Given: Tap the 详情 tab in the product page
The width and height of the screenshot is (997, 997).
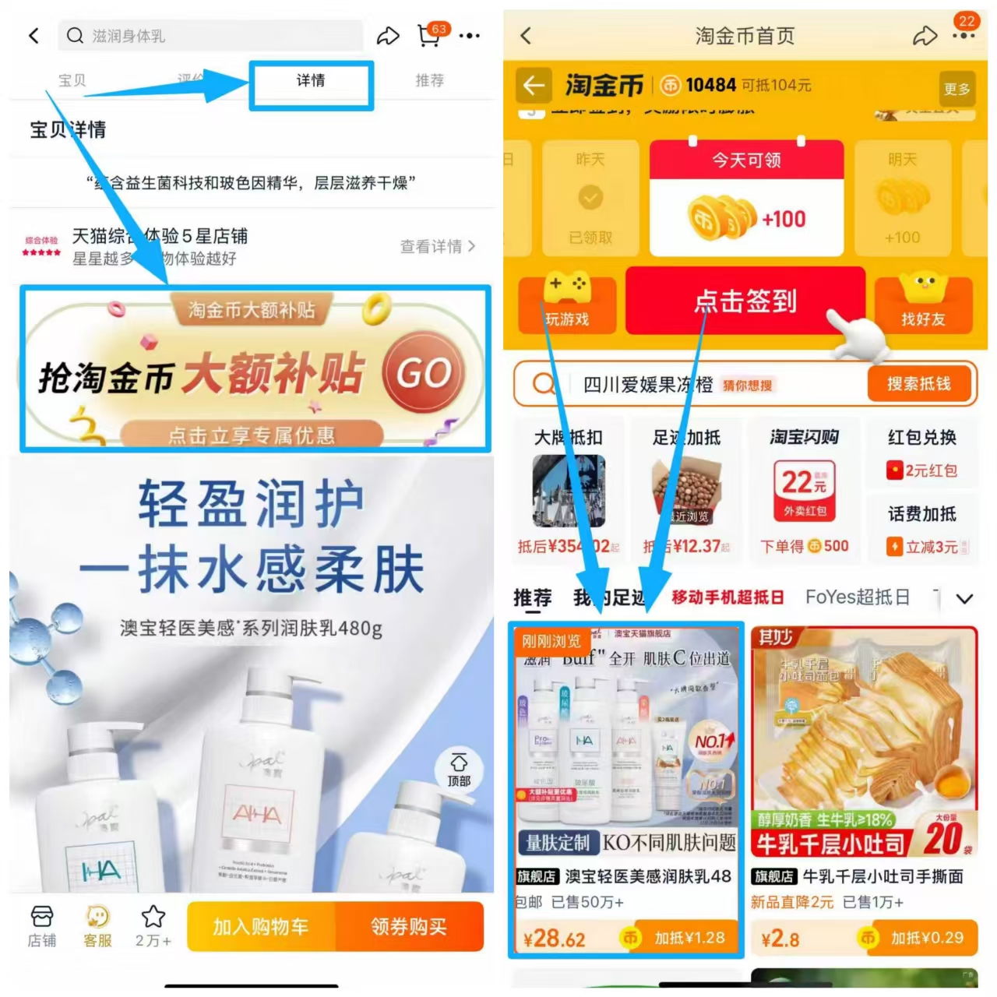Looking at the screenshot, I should point(311,81).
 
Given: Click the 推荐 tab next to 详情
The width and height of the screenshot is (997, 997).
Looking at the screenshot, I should point(429,81).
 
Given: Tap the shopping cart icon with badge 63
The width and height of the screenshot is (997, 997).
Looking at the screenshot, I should point(429,35).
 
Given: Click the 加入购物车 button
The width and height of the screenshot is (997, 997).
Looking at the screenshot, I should point(261,927).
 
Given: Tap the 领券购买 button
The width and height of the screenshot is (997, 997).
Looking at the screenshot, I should point(409,927).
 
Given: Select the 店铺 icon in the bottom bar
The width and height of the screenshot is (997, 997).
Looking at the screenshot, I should point(42,926).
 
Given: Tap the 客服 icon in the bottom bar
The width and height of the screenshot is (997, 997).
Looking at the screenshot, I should point(98,926).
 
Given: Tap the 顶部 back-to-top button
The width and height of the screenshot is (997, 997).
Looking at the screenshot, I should point(459,769).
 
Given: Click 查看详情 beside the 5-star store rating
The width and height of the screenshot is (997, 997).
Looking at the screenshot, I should point(437,247).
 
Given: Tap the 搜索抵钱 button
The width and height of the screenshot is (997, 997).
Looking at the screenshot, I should point(919,384).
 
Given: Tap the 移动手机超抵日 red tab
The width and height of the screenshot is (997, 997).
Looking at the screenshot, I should point(727,597).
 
